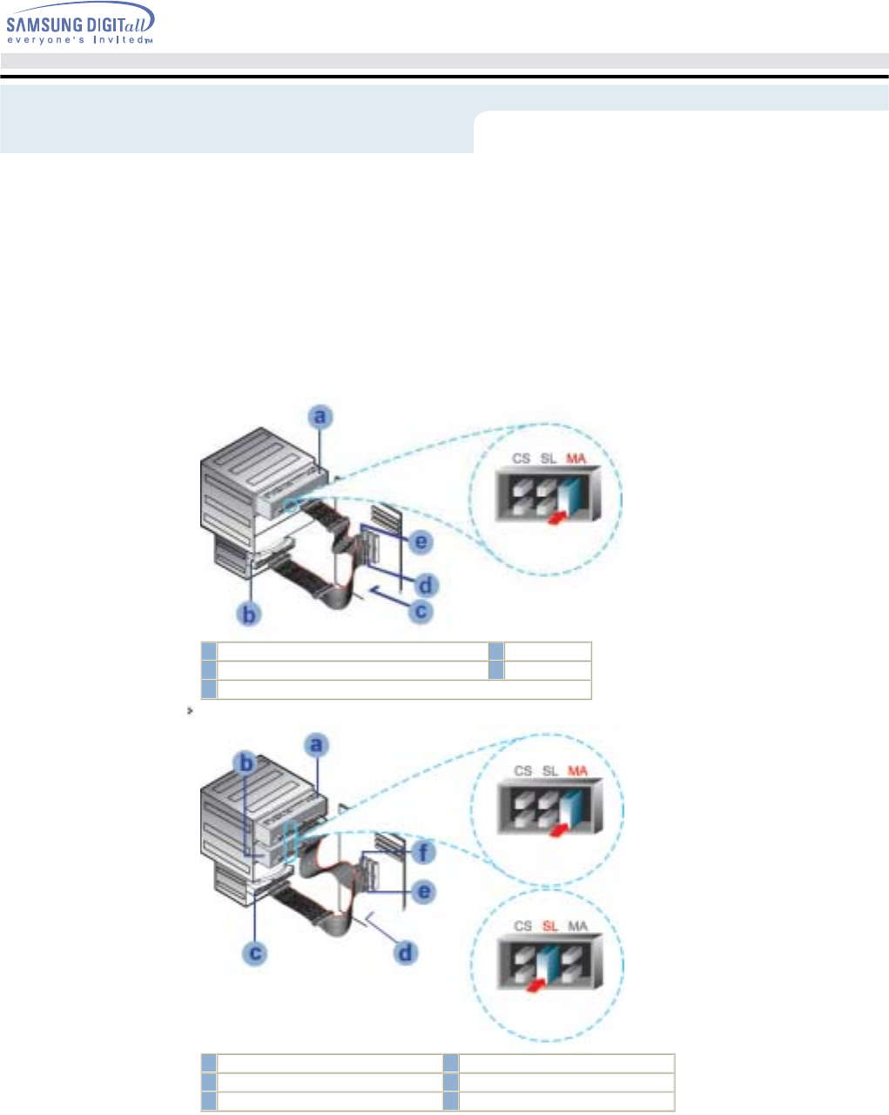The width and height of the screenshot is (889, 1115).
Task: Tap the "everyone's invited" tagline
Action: (80, 40)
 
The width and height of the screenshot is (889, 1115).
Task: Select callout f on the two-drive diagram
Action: (424, 853)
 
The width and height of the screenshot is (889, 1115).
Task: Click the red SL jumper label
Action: (549, 925)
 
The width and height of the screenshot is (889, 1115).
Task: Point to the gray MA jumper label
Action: (577, 925)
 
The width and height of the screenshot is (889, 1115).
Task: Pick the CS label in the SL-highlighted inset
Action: (522, 925)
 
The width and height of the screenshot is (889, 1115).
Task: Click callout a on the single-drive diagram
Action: (321, 417)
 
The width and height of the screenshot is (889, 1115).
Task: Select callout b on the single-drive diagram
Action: (251, 614)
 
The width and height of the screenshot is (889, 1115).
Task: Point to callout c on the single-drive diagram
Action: (421, 612)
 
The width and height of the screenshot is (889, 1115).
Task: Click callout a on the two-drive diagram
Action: (318, 745)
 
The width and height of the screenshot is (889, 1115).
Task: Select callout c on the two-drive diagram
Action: (255, 953)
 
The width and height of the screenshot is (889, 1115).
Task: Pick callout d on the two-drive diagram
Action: (405, 953)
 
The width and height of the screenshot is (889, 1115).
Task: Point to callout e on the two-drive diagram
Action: (424, 892)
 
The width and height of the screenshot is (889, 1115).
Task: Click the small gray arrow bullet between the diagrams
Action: (189, 711)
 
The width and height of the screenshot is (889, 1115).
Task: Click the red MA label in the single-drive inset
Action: (576, 458)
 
